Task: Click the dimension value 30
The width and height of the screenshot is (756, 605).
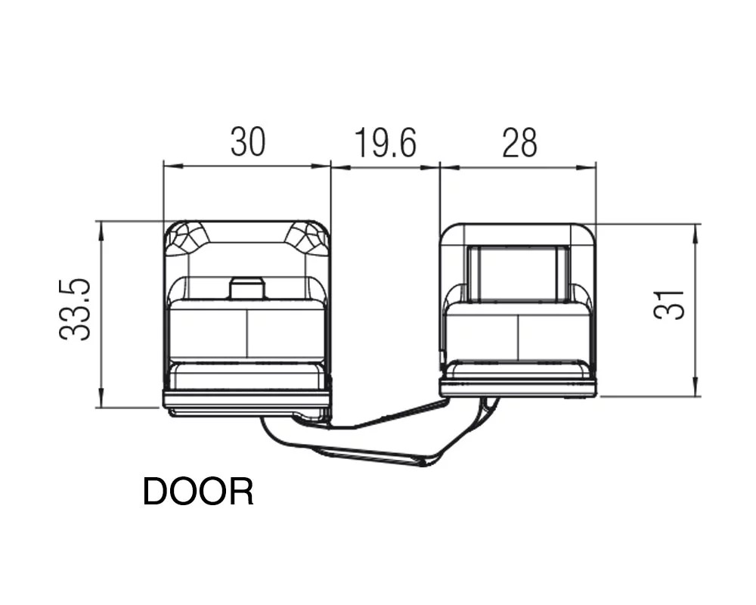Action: click(248, 142)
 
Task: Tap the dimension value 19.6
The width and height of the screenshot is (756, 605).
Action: click(385, 143)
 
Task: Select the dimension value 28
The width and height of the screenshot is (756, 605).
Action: click(519, 143)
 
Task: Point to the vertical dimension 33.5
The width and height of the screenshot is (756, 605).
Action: click(75, 310)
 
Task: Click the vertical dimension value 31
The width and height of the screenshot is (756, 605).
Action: click(669, 305)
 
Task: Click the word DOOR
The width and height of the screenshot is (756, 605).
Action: click(198, 492)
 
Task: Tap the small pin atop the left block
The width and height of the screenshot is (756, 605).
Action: click(247, 288)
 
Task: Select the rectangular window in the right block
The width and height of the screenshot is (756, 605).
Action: click(519, 274)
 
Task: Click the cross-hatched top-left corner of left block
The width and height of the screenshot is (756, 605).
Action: click(186, 238)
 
